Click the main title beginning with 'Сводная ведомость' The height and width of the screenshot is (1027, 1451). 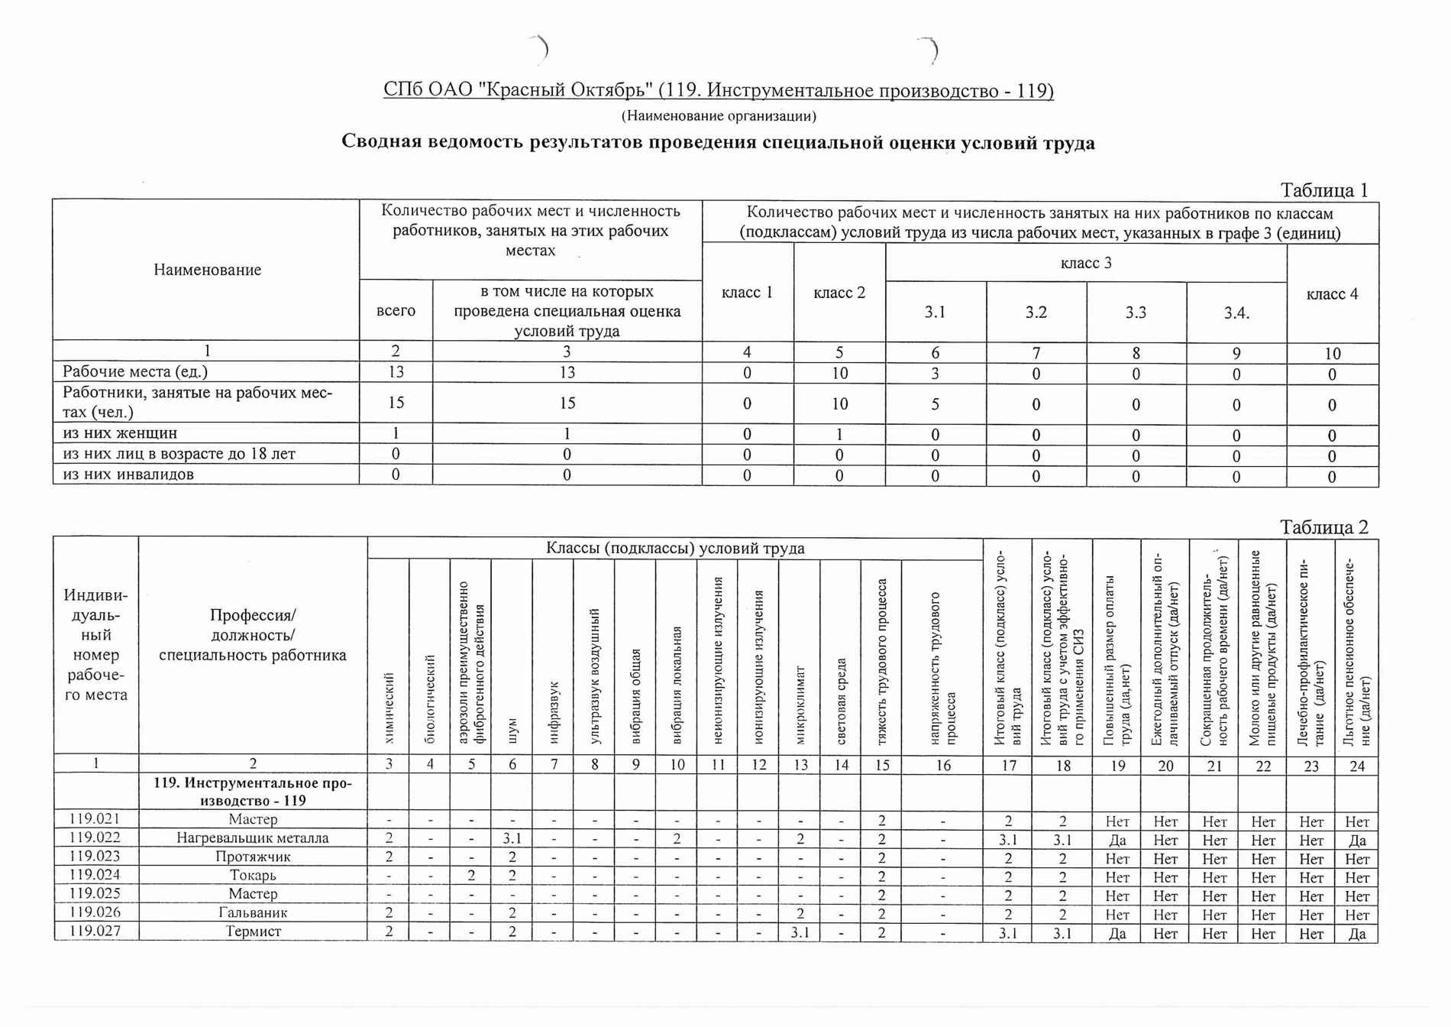pos(718,143)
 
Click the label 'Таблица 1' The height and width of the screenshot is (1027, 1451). pos(1324,190)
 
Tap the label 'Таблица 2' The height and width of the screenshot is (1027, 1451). pos(1324,527)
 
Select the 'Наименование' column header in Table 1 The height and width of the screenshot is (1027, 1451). pos(207,270)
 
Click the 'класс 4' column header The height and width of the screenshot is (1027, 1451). pos(1332,294)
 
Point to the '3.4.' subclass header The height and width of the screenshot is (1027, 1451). pos(1236,313)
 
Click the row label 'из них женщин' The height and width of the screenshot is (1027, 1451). pos(120,433)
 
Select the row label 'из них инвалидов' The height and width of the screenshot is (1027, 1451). pos(128,475)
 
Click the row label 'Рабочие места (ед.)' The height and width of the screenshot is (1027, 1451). pos(135,372)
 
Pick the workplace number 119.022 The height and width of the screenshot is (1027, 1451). pos(95,837)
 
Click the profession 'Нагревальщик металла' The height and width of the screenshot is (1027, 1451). pos(253,838)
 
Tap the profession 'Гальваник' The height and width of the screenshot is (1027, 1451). pos(253,912)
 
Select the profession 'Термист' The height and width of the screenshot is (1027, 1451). pos(253,931)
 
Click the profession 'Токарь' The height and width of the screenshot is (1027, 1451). pos(253,876)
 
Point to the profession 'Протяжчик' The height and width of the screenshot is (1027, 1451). pos(253,857)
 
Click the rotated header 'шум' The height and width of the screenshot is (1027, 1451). pos(512,730)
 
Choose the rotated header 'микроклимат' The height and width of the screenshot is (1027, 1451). pos(800,703)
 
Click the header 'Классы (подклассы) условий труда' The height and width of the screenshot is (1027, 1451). pos(674,549)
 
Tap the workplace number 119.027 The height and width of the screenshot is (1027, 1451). pos(95,931)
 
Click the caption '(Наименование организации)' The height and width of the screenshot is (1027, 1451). pos(718,116)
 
